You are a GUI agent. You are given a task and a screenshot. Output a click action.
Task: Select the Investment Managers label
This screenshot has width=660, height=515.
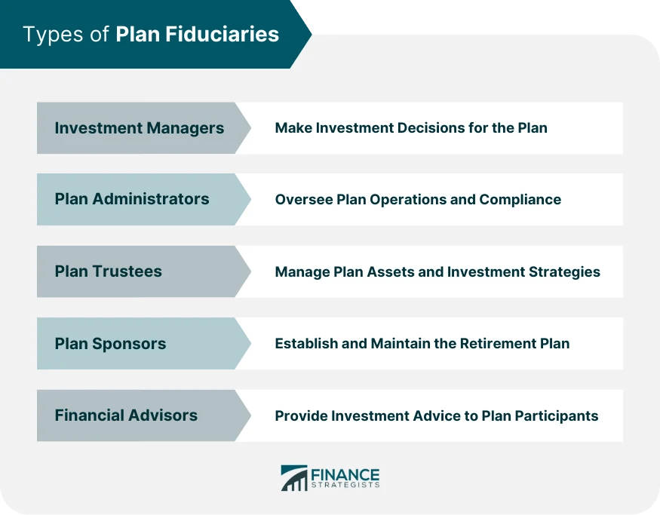pos(139,128)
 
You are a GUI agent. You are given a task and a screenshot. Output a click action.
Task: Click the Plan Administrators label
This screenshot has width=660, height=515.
pos(131,200)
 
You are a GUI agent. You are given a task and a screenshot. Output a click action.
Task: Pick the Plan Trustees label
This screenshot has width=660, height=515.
pos(108,271)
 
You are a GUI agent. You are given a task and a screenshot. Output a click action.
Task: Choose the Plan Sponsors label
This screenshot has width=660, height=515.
pos(110,344)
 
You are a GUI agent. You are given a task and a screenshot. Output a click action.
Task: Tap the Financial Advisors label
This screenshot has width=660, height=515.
pos(126,415)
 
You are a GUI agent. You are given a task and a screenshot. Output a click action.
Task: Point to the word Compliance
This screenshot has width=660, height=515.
pos(522,200)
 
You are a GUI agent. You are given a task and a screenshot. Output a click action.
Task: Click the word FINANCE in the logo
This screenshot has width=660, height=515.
pos(345,474)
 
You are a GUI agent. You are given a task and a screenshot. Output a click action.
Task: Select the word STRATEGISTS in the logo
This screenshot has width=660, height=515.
pos(345,486)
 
